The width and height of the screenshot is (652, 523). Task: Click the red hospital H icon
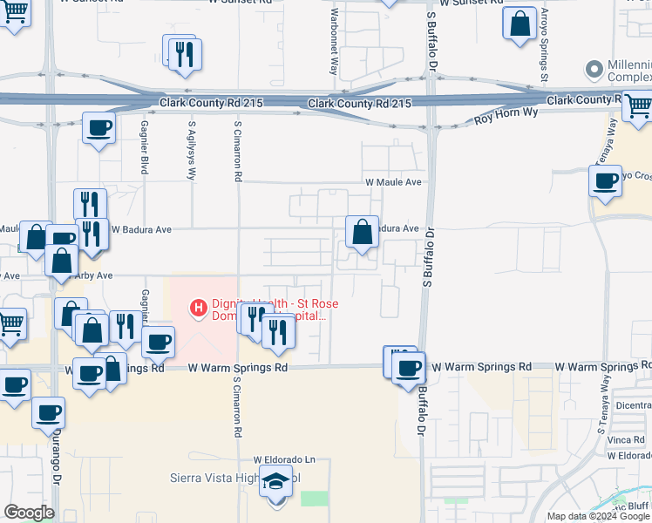[199, 307]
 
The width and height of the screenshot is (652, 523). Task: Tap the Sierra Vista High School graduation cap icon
[276, 482]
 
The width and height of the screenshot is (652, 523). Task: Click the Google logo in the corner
[29, 513]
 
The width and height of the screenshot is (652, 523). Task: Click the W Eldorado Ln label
[284, 459]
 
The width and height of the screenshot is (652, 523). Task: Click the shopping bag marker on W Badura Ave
[363, 233]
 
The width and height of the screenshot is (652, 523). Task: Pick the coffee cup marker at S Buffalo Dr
[409, 367]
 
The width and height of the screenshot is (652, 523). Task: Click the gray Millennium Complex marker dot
[595, 68]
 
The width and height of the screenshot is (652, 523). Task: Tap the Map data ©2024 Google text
[597, 516]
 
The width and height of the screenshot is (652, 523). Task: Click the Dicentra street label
[633, 405]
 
